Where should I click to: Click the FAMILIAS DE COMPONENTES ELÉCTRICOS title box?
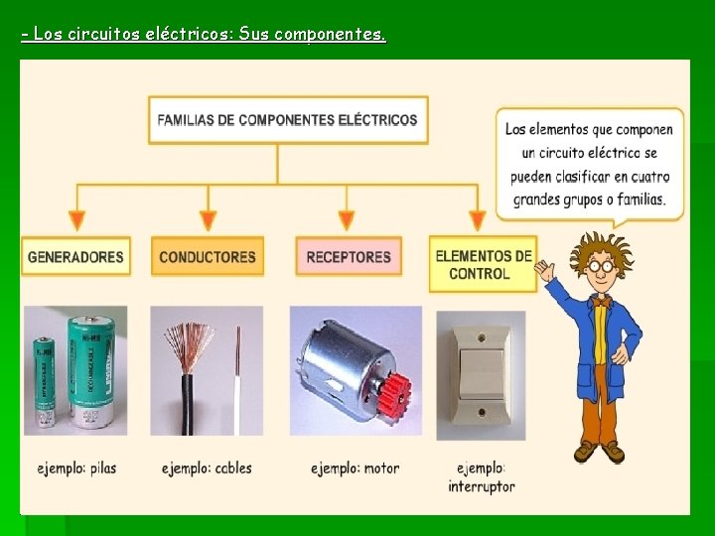(288, 120)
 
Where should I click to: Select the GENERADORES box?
(75, 257)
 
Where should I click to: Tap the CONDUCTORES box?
(208, 257)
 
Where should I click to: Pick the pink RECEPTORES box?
(349, 257)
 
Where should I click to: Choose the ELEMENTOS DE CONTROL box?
(483, 264)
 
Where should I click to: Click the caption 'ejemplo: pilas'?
(76, 468)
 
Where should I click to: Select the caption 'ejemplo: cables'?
(207, 468)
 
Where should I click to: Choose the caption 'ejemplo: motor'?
(355, 468)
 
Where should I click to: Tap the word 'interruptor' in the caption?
(482, 486)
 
